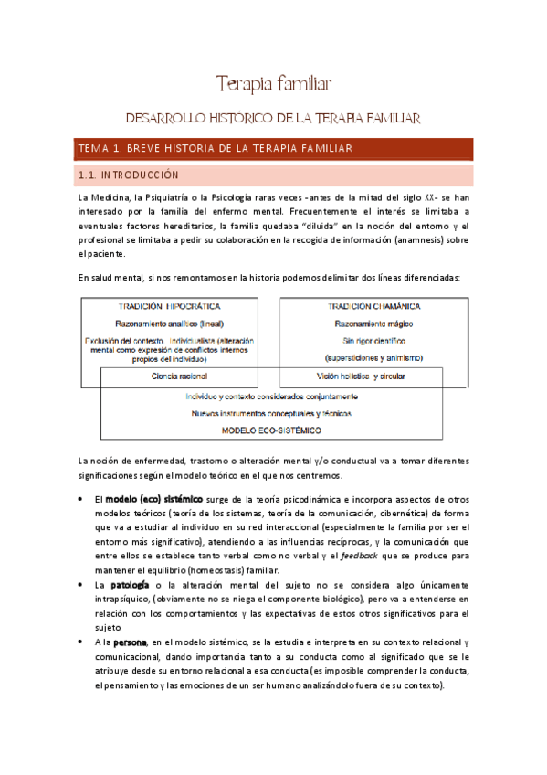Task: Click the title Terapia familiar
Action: tap(272, 85)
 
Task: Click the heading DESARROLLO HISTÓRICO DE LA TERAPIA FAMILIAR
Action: tap(272, 119)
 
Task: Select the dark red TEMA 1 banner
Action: tap(272, 149)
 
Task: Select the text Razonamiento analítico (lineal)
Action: tap(170, 323)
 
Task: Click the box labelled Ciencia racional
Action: tap(179, 376)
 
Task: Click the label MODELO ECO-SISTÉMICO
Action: tap(271, 430)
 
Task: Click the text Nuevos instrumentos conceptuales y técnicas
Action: tap(271, 413)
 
